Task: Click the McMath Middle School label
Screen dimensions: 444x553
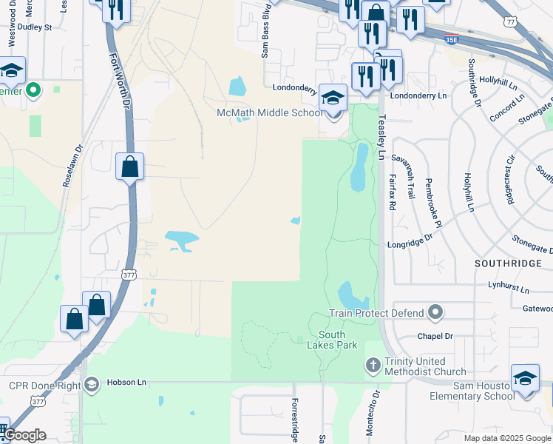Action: pos(269,112)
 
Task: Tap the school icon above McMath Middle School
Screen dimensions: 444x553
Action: pos(333,98)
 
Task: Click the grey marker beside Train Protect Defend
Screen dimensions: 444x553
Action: pos(435,312)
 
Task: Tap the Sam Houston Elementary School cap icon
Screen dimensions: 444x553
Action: pos(525,379)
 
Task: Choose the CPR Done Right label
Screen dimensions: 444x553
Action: pos(43,385)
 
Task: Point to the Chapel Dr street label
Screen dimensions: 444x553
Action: pos(434,335)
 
